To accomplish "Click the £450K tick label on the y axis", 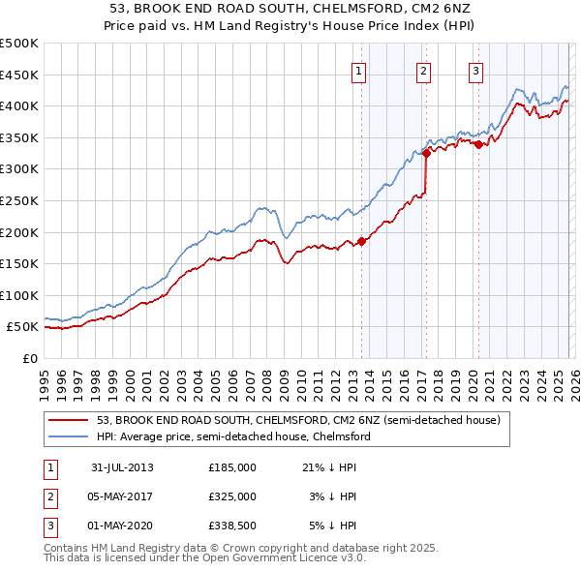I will (x=19, y=75).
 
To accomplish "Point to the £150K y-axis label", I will (x=19, y=263).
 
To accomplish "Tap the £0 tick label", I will (x=29, y=358).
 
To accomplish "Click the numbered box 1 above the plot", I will (x=360, y=70).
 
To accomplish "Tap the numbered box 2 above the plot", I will (x=424, y=70).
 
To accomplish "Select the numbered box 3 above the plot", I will (x=476, y=70).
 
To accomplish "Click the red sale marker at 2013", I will (x=361, y=242).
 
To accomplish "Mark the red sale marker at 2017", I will (x=426, y=153).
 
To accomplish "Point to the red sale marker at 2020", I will (x=477, y=145).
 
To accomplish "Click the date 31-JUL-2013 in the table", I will (x=122, y=467).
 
